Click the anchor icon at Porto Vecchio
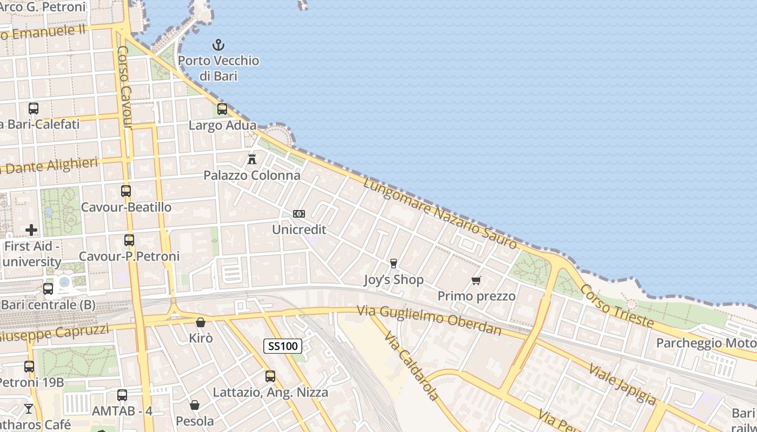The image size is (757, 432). pos(218,44)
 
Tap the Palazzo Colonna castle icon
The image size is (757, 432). pos(251,159)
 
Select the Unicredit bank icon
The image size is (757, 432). pos(299,214)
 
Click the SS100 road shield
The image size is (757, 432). pos(283,346)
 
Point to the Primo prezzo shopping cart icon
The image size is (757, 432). pos(476,280)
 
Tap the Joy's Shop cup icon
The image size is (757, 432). pos(394,264)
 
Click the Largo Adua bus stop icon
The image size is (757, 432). pos(222,109)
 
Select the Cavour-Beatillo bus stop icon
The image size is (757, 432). pos(126,191)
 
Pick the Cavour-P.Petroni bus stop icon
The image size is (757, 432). pos(129,240)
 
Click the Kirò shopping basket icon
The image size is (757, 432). pos(201,322)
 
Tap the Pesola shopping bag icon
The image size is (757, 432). pos(195,404)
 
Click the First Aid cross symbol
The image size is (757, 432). pos(31,230)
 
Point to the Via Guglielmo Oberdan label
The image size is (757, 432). pos(429,320)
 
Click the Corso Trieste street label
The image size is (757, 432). pos(617,305)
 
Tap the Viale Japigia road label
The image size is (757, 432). pos(622,384)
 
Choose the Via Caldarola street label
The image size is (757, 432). pos(411,367)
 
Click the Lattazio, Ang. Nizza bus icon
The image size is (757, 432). pos(270,376)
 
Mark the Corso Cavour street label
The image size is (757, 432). pos(124,87)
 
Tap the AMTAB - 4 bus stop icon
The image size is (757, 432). pos(122,395)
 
